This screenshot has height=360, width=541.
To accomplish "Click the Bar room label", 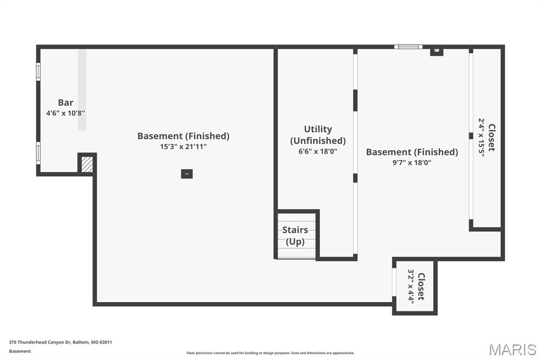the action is [x=66, y=102].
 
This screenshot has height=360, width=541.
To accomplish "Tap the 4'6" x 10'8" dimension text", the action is [x=66, y=113].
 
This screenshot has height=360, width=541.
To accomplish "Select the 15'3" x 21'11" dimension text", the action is [x=183, y=147].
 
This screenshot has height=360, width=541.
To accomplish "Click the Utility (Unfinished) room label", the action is [x=318, y=135].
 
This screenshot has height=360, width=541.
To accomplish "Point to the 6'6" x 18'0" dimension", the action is [x=318, y=151].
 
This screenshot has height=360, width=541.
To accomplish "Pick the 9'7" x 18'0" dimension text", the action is [x=412, y=163].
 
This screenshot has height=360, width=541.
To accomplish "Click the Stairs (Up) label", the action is [x=295, y=235].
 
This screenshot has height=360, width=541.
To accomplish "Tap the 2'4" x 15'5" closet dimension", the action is [x=481, y=138].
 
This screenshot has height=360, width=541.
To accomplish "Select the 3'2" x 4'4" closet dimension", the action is [x=411, y=286].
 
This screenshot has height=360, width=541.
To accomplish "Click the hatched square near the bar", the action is [x=87, y=165].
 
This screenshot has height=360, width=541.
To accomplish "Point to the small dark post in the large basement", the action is [x=186, y=174].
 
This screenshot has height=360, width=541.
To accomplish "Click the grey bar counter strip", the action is [x=82, y=90].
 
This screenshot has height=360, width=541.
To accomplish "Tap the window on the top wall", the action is [x=408, y=47].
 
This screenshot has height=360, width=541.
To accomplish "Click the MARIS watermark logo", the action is [x=512, y=349].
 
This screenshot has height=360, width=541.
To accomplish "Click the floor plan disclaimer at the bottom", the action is [x=270, y=353].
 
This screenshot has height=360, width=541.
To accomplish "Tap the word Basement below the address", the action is [x=20, y=351].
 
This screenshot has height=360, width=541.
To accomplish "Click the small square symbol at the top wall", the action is [x=436, y=51].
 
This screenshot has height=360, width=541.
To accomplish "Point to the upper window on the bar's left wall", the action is [x=38, y=72].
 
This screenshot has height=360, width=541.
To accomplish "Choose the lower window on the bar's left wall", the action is [x=38, y=153].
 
